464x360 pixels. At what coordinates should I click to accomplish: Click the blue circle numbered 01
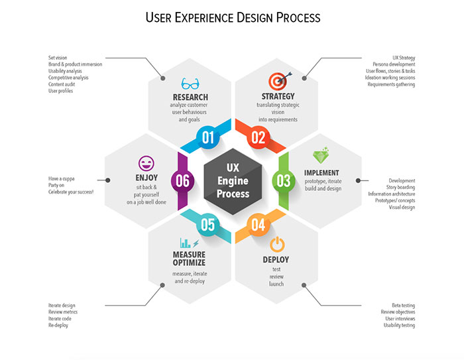[208, 137]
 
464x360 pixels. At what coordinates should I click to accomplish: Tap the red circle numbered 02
[258, 137]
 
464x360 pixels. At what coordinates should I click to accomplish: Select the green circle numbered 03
[283, 180]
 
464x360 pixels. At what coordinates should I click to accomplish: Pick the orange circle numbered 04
[258, 224]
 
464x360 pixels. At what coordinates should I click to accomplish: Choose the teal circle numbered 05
[208, 224]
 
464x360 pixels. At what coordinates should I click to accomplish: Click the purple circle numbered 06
[183, 180]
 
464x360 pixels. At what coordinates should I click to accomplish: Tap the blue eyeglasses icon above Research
[190, 84]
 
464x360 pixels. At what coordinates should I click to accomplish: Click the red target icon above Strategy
[277, 82]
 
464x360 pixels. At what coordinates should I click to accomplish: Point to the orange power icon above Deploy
[278, 243]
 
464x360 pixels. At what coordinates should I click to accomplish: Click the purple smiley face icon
[146, 162]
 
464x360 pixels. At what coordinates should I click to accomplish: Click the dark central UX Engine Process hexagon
[233, 179]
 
